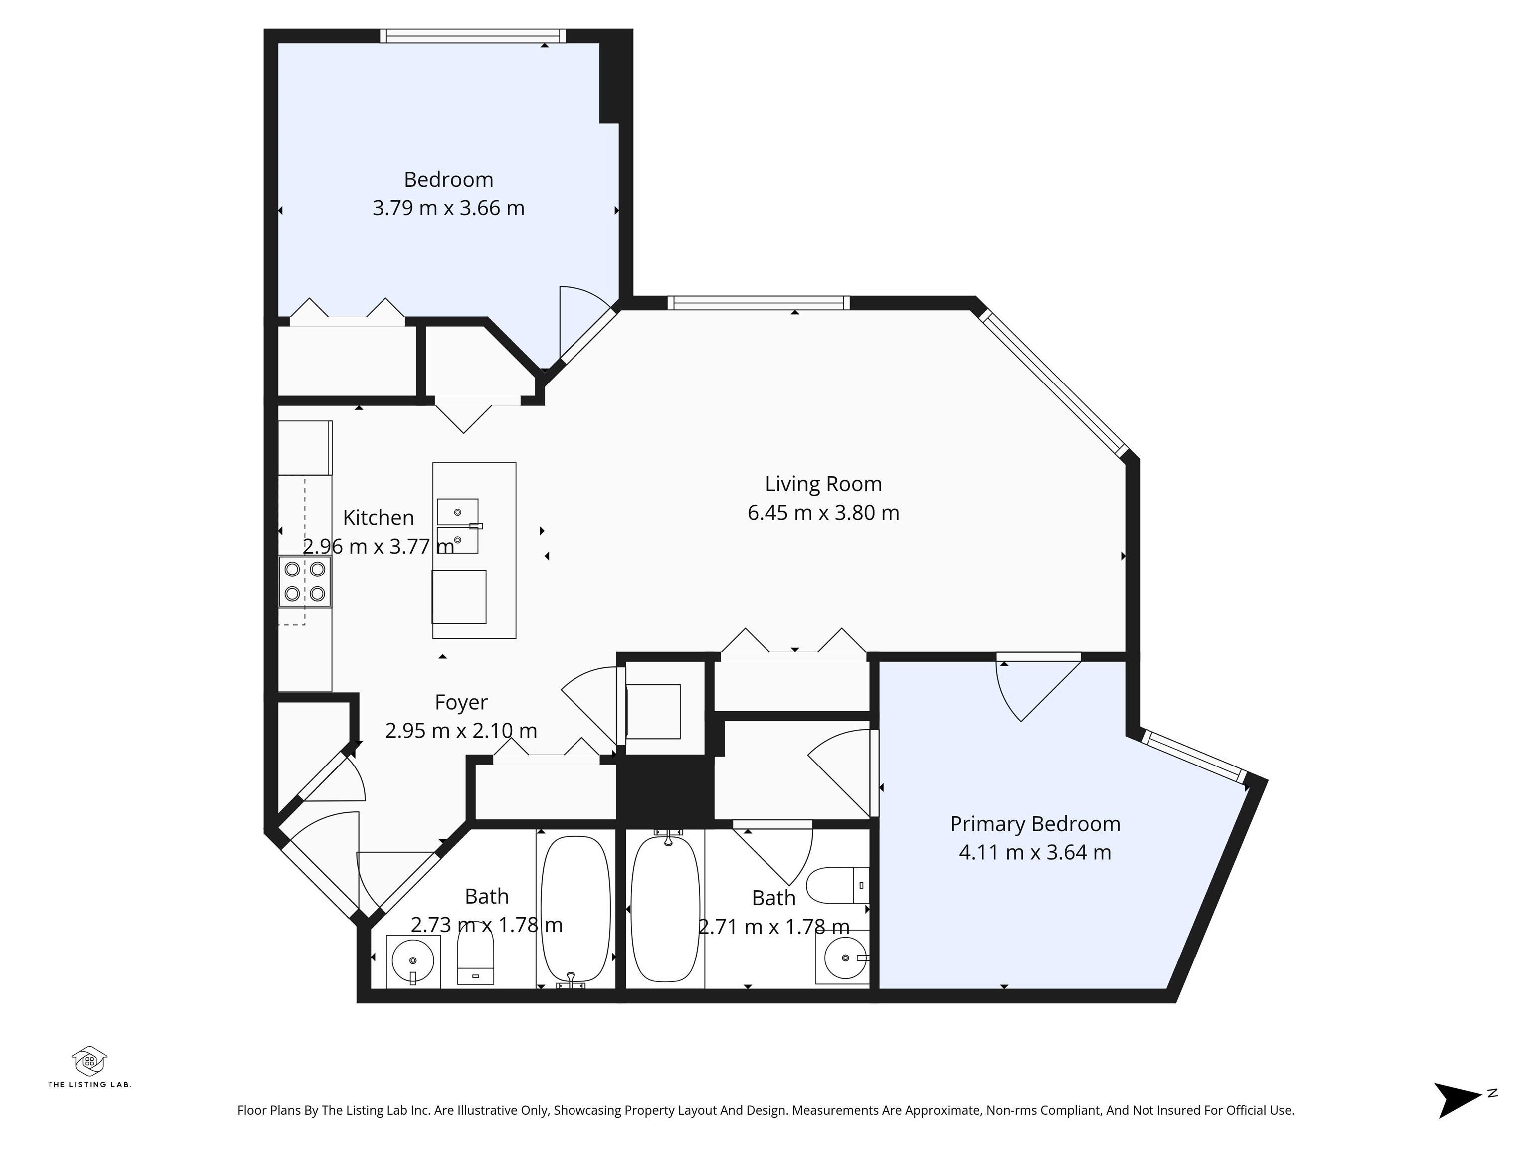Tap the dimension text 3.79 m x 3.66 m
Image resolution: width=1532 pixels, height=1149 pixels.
448,208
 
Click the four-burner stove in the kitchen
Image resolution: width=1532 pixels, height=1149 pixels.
305,582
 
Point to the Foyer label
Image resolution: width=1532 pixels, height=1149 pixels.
461,702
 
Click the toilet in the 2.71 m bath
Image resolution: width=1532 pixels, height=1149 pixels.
838,885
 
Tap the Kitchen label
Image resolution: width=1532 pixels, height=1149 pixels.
378,517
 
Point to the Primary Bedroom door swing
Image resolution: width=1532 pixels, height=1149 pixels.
1032,689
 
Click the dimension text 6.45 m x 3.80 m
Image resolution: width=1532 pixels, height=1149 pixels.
823,513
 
